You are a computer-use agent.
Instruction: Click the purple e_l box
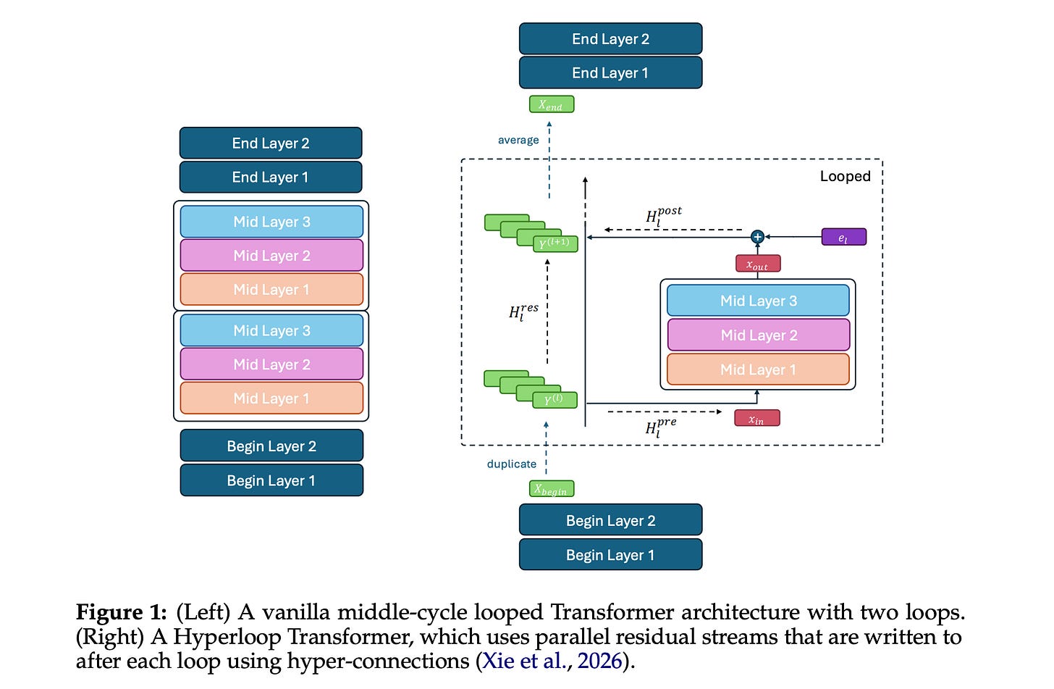pos(843,237)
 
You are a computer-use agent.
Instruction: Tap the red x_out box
pos(757,264)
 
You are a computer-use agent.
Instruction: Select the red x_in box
pos(756,418)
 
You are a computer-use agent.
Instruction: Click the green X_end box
pos(551,104)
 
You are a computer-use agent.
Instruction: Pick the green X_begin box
pos(551,489)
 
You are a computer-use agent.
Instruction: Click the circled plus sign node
pos(757,237)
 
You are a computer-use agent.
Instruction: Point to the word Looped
pos(845,176)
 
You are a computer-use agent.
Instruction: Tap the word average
pos(518,140)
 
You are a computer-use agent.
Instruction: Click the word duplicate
pos(512,464)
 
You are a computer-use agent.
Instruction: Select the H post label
pos(663,215)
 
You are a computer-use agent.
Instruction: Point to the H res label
pos(523,312)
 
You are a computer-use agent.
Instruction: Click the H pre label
pos(660,427)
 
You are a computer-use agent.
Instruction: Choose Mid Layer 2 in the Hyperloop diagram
pos(758,335)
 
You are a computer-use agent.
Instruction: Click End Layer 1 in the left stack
pos(270,178)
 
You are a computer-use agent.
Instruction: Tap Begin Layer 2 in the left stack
pos(271,446)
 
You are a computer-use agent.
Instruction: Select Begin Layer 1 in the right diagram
pos(610,555)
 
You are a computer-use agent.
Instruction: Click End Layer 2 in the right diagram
pos(610,39)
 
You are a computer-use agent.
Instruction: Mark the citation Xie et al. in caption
pos(527,661)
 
